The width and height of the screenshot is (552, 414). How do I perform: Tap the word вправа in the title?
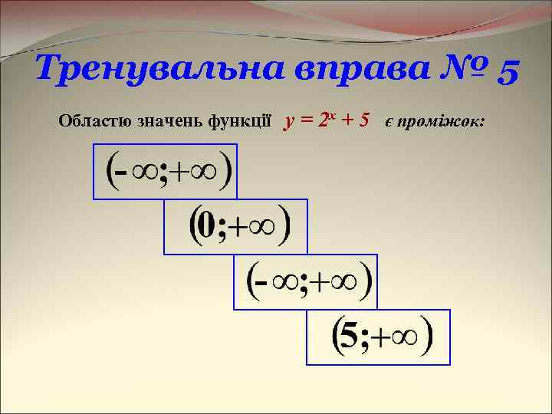coord(350,71)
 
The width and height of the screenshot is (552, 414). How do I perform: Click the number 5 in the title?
coord(509,71)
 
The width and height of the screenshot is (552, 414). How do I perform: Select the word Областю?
coord(94,121)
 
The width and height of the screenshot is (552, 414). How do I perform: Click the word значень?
coord(169,121)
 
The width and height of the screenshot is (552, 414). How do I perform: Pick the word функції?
coord(239,121)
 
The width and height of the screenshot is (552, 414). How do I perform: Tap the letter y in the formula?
coord(288,121)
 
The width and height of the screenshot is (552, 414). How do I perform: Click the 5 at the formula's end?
coord(364,120)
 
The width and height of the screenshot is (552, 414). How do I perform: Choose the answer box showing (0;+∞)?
coord(235,226)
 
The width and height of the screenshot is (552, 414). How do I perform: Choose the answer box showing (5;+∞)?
coord(378,337)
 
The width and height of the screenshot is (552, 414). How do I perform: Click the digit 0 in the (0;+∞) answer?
coord(206,226)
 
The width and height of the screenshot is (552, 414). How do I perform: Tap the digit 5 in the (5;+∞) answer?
coord(349,337)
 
